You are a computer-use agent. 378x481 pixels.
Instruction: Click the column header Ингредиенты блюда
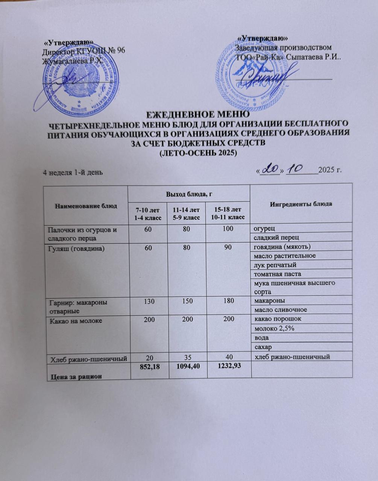point(301,204)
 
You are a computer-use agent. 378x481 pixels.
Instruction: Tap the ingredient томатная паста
point(278,274)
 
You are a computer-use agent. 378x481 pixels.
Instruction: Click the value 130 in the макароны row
point(147,301)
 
